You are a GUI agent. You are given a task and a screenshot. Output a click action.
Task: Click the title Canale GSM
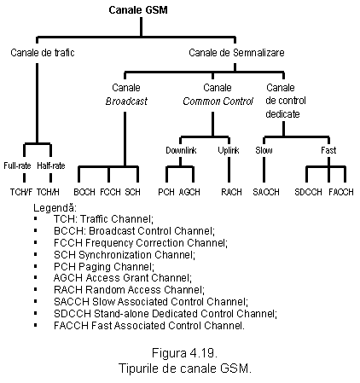138,10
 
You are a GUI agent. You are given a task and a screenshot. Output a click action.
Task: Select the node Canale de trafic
43,53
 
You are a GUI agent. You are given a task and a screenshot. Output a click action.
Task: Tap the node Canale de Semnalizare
236,53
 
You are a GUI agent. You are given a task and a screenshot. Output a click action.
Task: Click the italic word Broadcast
126,102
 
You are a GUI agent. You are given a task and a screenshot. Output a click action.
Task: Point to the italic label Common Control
218,102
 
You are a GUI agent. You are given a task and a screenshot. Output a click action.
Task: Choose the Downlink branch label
181,150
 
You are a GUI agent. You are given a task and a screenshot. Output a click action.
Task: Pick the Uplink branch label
229,150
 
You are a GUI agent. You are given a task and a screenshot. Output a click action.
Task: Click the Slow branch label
264,150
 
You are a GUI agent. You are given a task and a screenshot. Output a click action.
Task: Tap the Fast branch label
328,150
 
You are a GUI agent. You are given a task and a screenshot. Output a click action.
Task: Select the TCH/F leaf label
21,192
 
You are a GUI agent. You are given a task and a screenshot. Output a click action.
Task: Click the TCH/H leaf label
48,192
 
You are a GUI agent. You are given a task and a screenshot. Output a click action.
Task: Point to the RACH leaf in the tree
231,192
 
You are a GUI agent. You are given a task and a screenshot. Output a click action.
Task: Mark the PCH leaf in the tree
166,192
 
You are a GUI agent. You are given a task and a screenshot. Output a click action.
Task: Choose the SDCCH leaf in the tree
308,192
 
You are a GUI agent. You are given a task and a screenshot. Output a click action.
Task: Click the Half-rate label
51,165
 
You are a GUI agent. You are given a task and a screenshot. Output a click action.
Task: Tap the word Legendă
55,208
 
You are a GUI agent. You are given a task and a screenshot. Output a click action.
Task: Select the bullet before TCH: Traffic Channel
36,218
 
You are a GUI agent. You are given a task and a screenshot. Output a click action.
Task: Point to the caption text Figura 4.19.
184,353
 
